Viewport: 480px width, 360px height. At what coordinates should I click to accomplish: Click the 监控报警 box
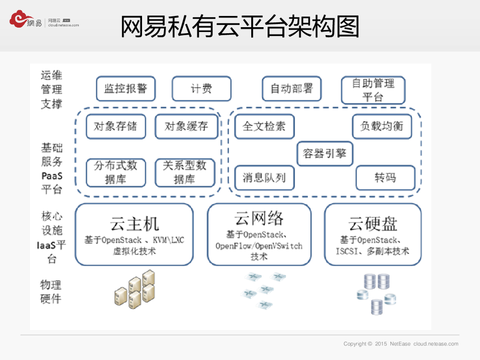pyautogui.click(x=126, y=89)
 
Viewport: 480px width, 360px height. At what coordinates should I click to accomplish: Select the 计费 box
pyautogui.click(x=202, y=89)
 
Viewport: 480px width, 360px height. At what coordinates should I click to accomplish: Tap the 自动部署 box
pyautogui.click(x=292, y=89)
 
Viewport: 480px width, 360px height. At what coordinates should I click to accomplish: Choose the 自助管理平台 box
pyautogui.click(x=373, y=90)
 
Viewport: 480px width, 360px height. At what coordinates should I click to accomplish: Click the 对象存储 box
pyautogui.click(x=116, y=126)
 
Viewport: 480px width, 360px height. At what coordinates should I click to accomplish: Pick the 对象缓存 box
pyautogui.click(x=187, y=126)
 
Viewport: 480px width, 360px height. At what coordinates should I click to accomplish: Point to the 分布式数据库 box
pyautogui.click(x=116, y=172)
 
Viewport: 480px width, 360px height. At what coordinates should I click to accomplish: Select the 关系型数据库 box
pyautogui.click(x=185, y=172)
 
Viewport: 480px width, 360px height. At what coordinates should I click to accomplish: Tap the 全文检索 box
pyautogui.click(x=264, y=126)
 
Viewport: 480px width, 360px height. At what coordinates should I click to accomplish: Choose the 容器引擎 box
pyautogui.click(x=325, y=153)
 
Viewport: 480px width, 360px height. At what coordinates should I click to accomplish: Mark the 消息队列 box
pyautogui.click(x=264, y=178)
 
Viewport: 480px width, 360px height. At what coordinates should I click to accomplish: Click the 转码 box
pyautogui.click(x=385, y=178)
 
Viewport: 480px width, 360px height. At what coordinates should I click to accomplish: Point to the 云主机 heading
pyautogui.click(x=135, y=224)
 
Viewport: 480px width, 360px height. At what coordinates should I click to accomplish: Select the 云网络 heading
pyautogui.click(x=259, y=219)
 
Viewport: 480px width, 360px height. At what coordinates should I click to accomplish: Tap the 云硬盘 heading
pyautogui.click(x=373, y=224)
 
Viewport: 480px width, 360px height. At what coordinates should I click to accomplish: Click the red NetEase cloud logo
pyautogui.click(x=19, y=19)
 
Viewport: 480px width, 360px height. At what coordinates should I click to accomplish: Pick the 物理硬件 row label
pyautogui.click(x=51, y=292)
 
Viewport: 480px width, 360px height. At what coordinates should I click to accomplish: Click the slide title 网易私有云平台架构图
pyautogui.click(x=240, y=27)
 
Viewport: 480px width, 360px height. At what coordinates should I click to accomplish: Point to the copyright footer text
pyautogui.click(x=401, y=344)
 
